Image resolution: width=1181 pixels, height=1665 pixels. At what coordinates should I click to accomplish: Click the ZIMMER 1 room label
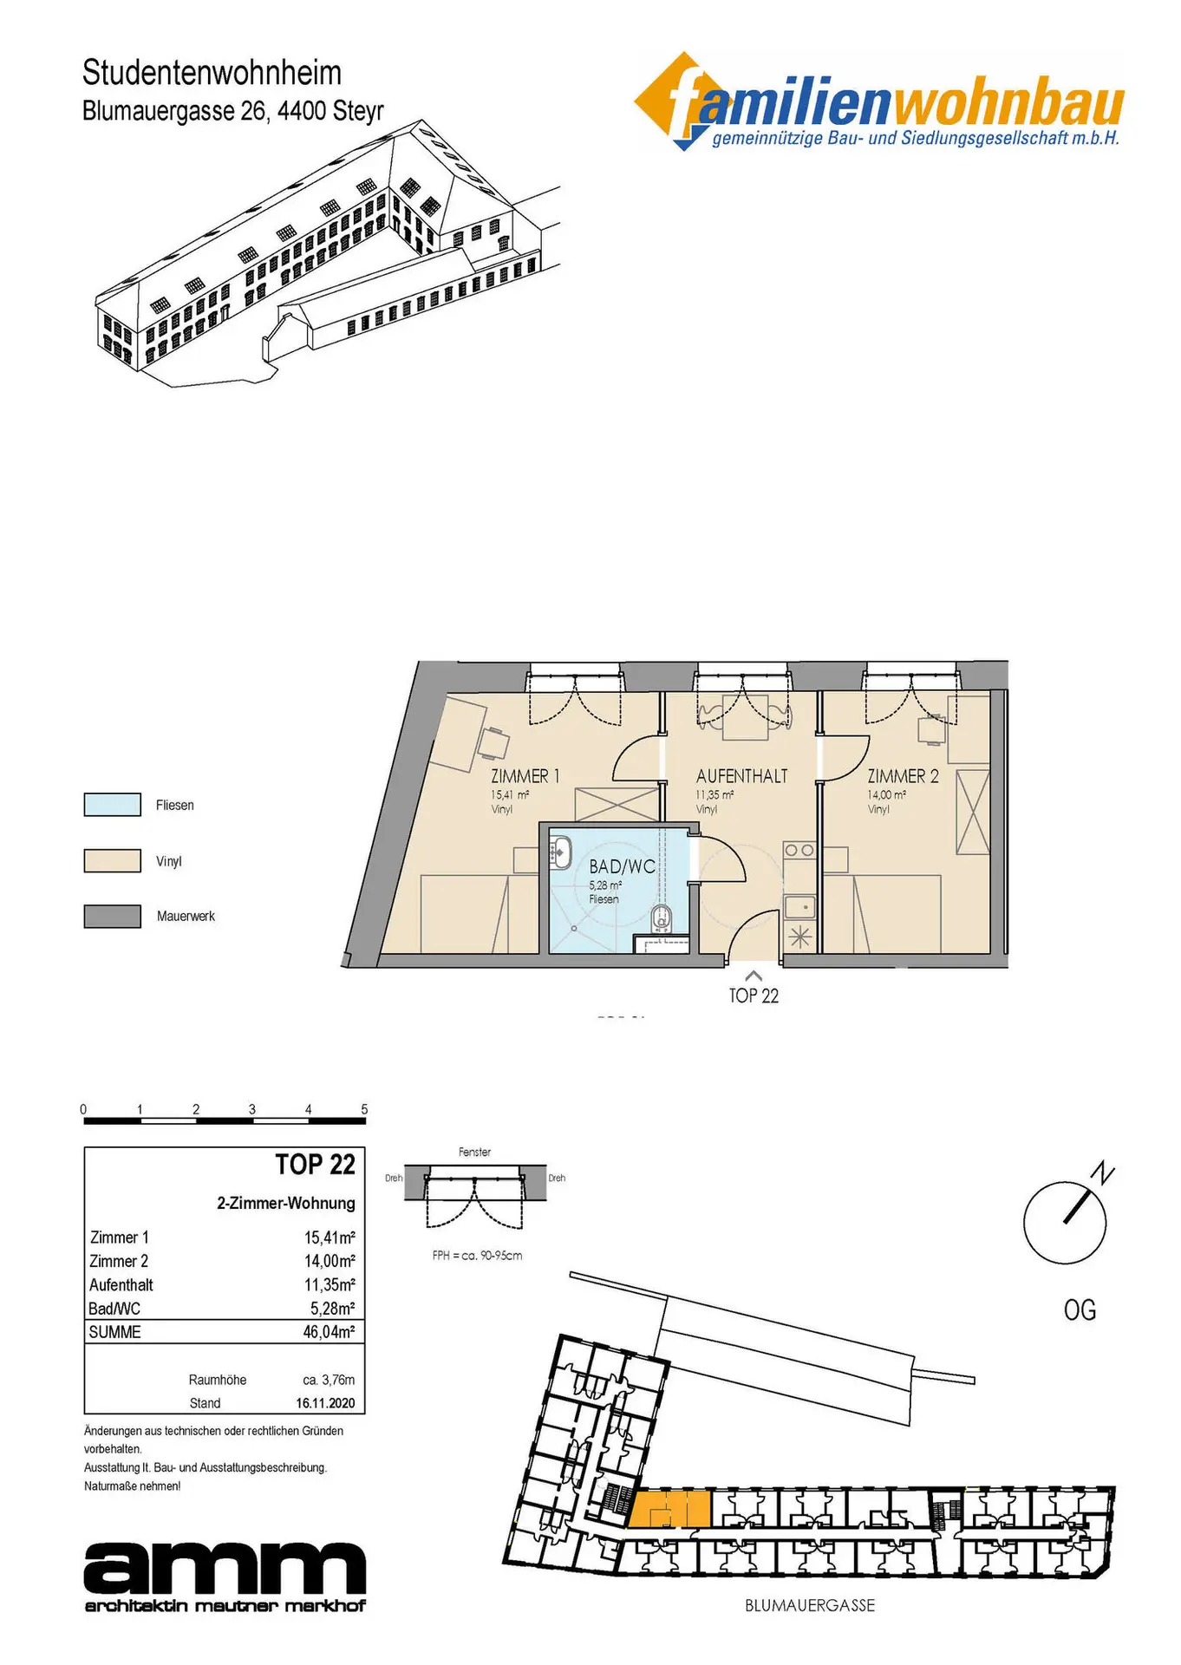pyautogui.click(x=525, y=776)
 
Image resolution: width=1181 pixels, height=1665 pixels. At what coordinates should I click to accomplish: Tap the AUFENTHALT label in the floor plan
pyautogui.click(x=741, y=776)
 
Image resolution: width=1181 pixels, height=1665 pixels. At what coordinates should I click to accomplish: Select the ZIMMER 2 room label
pyautogui.click(x=903, y=776)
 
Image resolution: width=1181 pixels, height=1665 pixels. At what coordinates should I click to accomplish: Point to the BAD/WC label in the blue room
pyautogui.click(x=622, y=866)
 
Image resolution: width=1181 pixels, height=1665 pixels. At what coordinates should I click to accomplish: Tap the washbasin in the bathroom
pyautogui.click(x=560, y=852)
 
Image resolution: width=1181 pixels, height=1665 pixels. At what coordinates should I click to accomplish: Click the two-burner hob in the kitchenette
pyautogui.click(x=799, y=851)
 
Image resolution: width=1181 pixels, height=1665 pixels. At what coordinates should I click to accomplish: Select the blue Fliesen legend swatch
pyautogui.click(x=112, y=805)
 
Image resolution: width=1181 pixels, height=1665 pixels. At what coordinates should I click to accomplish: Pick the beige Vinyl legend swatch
pyautogui.click(x=112, y=861)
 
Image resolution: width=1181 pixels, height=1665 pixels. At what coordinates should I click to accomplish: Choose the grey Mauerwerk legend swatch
pyautogui.click(x=112, y=917)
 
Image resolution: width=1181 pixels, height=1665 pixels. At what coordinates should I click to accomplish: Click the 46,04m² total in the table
pyautogui.click(x=329, y=1332)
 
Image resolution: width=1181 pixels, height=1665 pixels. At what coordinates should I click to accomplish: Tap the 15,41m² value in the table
pyautogui.click(x=330, y=1237)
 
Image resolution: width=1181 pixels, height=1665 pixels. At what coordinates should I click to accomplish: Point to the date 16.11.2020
pyautogui.click(x=325, y=1403)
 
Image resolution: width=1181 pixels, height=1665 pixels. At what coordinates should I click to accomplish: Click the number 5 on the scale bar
pyautogui.click(x=364, y=1109)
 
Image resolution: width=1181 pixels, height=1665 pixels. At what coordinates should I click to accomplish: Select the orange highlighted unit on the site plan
pyautogui.click(x=669, y=1510)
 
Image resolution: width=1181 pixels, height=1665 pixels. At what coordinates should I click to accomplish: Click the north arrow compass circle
pyautogui.click(x=1065, y=1223)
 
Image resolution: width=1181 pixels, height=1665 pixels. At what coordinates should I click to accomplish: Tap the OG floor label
pyautogui.click(x=1080, y=1309)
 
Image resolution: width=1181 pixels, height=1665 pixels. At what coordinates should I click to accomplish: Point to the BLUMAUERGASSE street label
pyautogui.click(x=810, y=1606)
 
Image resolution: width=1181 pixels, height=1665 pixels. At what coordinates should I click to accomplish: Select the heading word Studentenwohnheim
pyautogui.click(x=212, y=73)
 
